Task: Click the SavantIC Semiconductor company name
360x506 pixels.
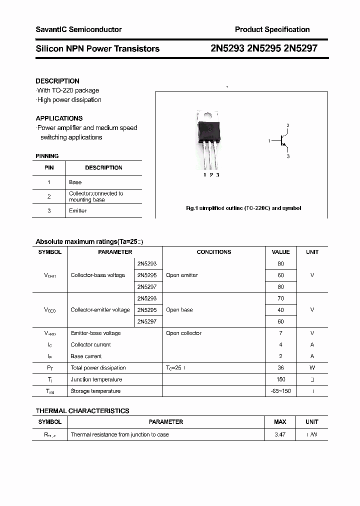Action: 78,29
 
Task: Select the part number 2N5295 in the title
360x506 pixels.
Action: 264,48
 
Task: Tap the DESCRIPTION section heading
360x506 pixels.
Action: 57,81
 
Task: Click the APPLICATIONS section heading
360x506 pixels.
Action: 59,118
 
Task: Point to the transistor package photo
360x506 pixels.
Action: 209,140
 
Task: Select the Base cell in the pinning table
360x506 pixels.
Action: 75,182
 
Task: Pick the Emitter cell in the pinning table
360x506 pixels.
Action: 78,210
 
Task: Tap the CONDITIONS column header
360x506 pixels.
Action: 213,252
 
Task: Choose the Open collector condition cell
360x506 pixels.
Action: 184,333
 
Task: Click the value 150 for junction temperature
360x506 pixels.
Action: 280,379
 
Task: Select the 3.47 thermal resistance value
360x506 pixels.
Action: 280,434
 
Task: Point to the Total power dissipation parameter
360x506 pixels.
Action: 98,368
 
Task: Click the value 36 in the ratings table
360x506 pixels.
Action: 280,368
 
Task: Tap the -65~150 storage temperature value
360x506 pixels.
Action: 280,391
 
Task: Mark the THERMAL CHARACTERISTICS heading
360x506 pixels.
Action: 82,411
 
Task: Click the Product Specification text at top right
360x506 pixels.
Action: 272,29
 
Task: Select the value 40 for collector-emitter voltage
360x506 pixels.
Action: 280,310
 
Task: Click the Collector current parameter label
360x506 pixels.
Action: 90,344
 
